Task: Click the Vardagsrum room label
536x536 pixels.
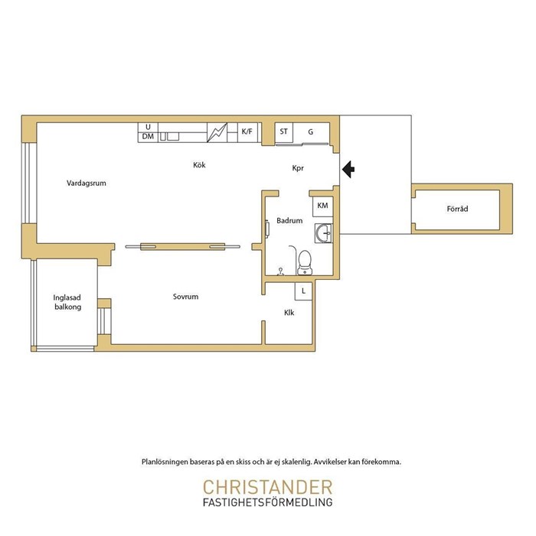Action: (87, 184)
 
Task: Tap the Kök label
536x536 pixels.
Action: (199, 165)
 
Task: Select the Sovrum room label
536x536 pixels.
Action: (185, 297)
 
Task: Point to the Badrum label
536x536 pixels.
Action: (289, 221)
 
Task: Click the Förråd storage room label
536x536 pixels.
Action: (457, 209)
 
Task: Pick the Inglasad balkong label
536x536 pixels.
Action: (67, 302)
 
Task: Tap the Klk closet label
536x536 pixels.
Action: (289, 313)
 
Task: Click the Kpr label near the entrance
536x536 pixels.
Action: (298, 168)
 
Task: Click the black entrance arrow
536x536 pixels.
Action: (348, 169)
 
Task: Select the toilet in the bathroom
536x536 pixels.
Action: (305, 262)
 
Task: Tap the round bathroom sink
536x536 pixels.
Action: (323, 233)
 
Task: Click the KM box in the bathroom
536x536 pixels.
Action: (323, 206)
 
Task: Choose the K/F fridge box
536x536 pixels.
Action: (247, 132)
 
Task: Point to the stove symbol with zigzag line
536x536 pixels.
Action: (217, 132)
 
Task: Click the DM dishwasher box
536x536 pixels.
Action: (148, 137)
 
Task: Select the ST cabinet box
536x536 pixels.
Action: (284, 132)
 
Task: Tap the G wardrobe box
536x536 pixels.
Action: (311, 132)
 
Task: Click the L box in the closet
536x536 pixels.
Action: (303, 291)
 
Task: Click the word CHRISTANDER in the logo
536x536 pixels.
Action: (268, 488)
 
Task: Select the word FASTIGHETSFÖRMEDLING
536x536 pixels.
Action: (268, 502)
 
